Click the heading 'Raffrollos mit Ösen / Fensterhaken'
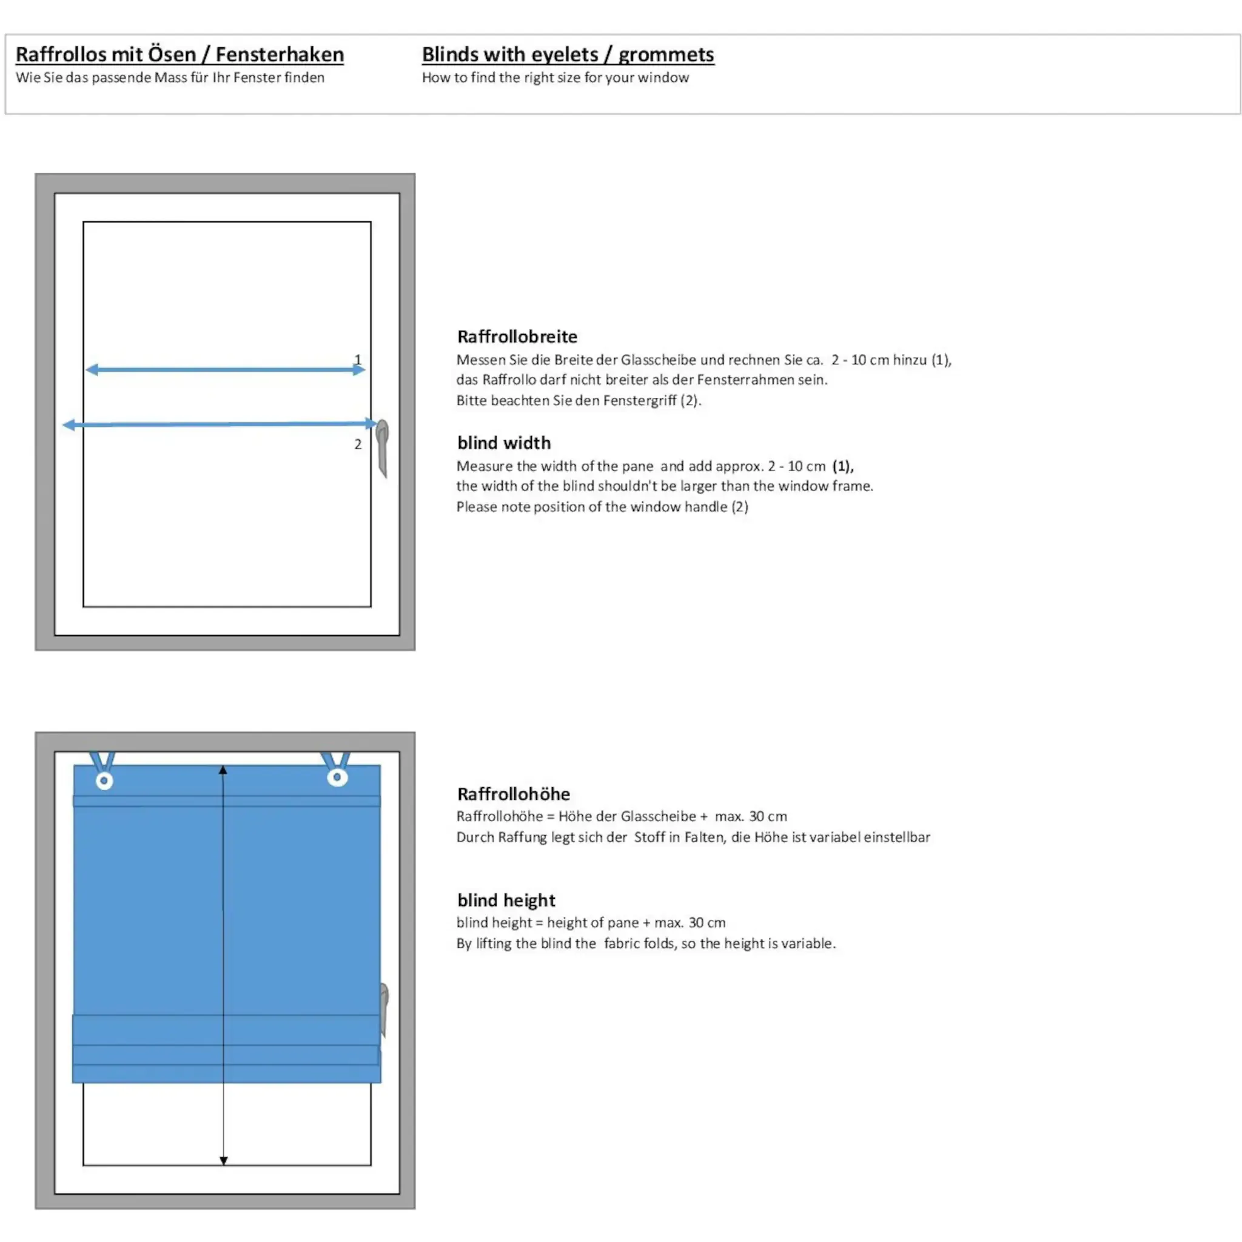tap(180, 55)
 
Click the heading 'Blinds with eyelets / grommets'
tap(568, 55)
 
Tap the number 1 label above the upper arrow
tap(358, 360)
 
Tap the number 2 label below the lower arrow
tap(358, 443)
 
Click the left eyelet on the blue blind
tap(104, 780)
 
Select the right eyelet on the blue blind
tap(338, 777)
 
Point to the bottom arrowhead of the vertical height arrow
tap(224, 1160)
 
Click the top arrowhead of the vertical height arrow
tap(223, 770)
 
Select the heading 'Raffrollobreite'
tap(517, 336)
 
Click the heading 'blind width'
tap(504, 442)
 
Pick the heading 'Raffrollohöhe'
tap(514, 794)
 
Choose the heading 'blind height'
tap(506, 900)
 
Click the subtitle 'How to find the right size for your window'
tap(556, 78)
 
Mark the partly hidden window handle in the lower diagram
tap(384, 1009)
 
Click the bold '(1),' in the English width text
tap(843, 466)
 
